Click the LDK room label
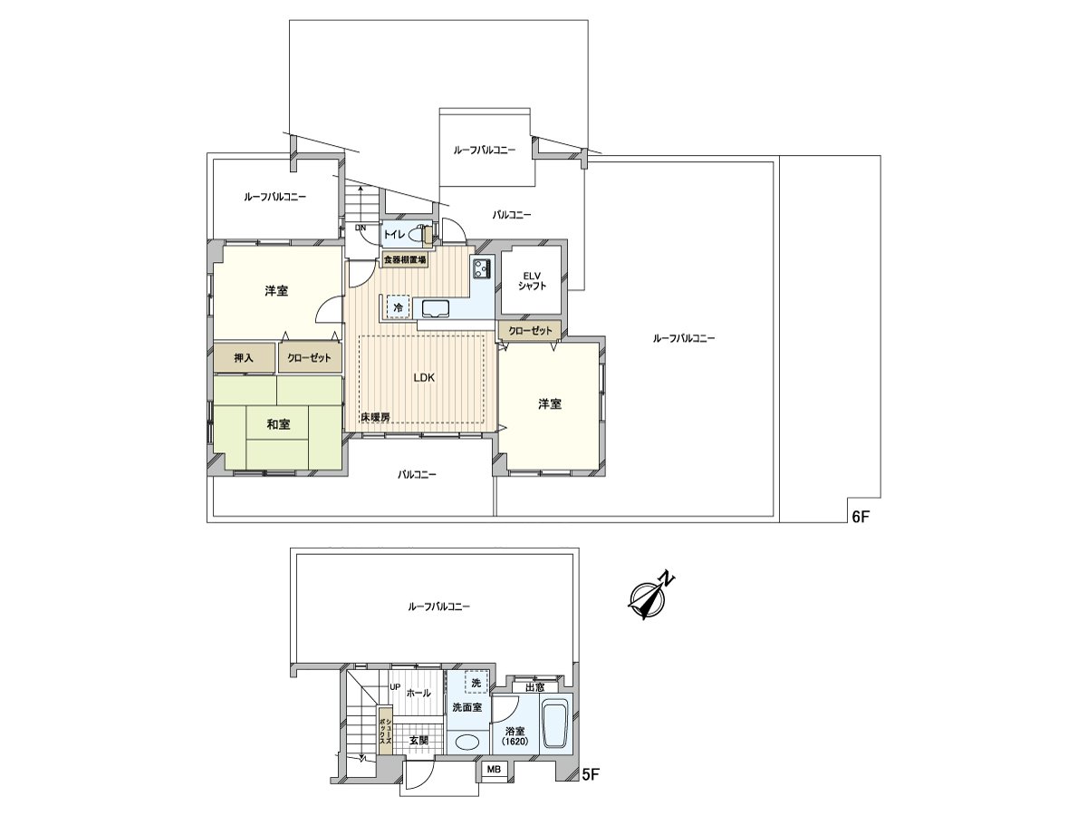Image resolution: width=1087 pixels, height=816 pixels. click(425, 378)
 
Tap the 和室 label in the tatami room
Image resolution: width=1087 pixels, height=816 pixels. click(278, 424)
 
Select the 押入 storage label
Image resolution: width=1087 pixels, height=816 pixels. click(244, 358)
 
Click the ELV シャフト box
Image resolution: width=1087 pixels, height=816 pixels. click(531, 279)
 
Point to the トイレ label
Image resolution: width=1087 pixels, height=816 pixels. click(394, 235)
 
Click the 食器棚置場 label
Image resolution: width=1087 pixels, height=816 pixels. click(404, 260)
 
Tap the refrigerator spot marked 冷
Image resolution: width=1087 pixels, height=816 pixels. click(398, 307)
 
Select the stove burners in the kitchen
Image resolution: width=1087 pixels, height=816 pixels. click(481, 267)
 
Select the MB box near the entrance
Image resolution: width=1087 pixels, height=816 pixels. click(494, 770)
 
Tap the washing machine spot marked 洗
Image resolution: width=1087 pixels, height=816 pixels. click(476, 682)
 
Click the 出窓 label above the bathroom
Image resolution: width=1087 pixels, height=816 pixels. click(534, 687)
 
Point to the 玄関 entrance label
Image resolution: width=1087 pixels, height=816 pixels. click(418, 740)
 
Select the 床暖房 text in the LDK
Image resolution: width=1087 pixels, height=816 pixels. click(374, 417)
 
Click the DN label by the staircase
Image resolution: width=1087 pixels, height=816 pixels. click(360, 228)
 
